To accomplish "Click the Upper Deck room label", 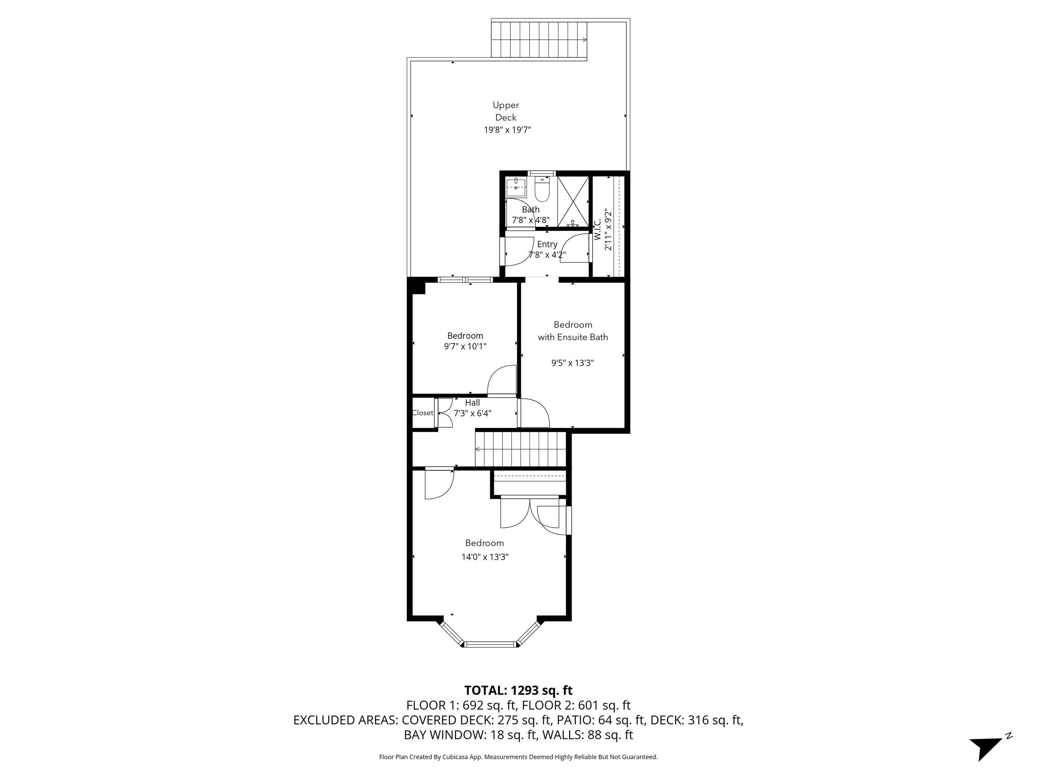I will coord(505,111).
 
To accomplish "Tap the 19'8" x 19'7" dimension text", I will coord(507,130).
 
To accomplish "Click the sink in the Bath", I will coord(516,187).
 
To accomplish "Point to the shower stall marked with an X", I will coord(573,201).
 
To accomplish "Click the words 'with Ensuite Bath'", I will coord(573,337).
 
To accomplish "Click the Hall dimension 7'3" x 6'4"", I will coord(472,414).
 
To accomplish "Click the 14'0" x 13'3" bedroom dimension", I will coord(485,557).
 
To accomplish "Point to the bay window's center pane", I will coord(490,644).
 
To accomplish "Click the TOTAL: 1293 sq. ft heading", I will coord(518,690).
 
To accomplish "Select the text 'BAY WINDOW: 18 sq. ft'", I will coord(469,735).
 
